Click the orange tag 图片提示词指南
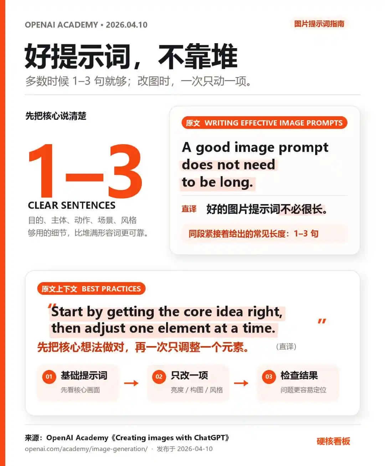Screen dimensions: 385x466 [319, 24]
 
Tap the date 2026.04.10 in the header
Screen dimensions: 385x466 [127, 25]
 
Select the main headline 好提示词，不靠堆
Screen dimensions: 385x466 [131, 56]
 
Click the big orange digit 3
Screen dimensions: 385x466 [125, 171]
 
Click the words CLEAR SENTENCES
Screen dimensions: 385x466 [72, 205]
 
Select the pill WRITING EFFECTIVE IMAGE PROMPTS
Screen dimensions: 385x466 [265, 123]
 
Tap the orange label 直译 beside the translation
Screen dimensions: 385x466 [189, 209]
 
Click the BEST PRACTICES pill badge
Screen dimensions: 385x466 [91, 289]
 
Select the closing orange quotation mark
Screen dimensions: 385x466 [322, 321]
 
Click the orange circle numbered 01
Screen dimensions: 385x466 [49, 377]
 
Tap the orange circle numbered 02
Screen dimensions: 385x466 [159, 377]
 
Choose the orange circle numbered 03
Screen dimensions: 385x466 [269, 377]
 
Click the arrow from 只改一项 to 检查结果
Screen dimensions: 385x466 [241, 383]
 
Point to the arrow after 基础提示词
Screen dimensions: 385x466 [131, 383]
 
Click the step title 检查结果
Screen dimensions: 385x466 [299, 375]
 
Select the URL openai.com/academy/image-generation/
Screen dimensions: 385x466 [86, 449]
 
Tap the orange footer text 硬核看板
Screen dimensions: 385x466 [333, 441]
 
